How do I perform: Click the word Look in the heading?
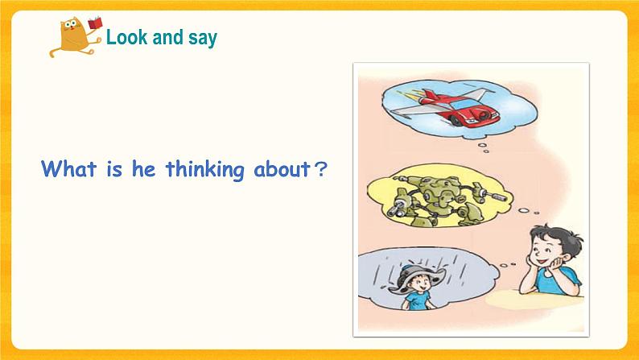(x=125, y=37)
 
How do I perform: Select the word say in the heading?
(x=203, y=38)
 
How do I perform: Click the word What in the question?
(x=68, y=170)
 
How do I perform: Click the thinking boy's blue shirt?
(x=564, y=282)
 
